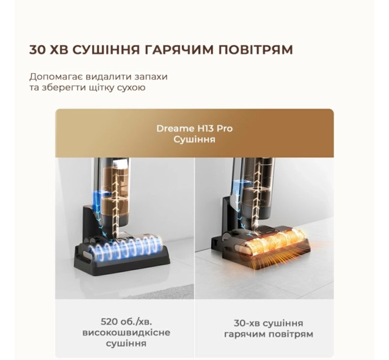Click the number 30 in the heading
point(38,50)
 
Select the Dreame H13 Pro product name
point(194,128)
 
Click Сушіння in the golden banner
point(194,139)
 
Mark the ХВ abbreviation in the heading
point(61,50)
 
